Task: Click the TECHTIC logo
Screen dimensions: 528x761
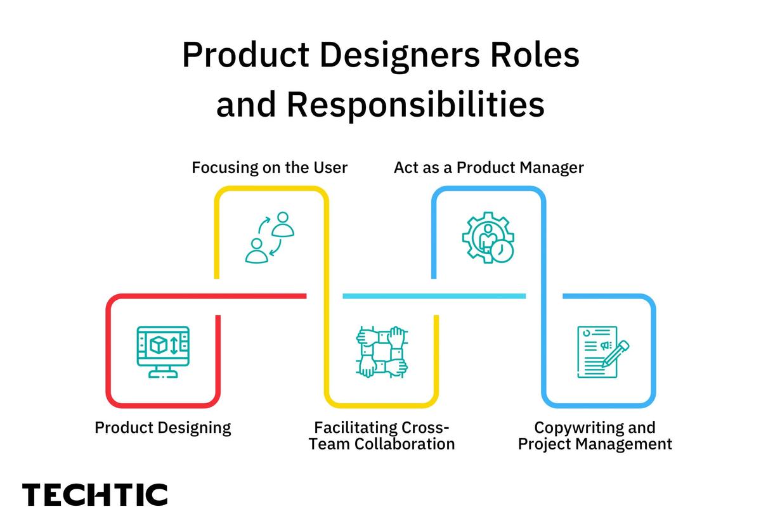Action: tap(95, 494)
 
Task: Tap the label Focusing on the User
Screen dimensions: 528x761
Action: tap(270, 168)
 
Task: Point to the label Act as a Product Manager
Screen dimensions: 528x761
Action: tap(488, 168)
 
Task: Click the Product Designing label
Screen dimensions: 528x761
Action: tap(163, 427)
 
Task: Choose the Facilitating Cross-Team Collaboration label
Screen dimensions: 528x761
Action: tap(382, 435)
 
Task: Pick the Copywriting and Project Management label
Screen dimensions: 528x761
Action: tap(595, 435)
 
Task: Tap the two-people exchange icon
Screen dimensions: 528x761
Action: tap(270, 237)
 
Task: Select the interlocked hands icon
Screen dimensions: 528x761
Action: tap(381, 352)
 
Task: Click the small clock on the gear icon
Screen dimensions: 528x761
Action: tap(502, 251)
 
